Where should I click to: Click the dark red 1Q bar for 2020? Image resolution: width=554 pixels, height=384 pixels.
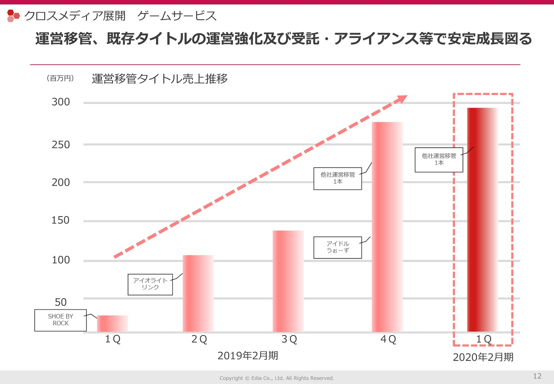482,220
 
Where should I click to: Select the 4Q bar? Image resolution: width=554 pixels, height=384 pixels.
387,227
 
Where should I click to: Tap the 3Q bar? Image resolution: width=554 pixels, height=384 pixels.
288,281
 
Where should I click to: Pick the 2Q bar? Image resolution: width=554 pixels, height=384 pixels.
198,293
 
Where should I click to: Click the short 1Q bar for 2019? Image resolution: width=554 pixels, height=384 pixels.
112,324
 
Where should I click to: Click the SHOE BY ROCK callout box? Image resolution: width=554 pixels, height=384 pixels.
60,320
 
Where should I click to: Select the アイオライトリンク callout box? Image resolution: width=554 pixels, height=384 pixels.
150,284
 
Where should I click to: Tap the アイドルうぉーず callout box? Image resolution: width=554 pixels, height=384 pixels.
337,247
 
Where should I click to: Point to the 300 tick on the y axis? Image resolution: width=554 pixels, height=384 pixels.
61,102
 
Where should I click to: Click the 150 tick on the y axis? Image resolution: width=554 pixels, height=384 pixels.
60,220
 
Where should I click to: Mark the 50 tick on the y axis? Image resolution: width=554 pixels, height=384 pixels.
60,302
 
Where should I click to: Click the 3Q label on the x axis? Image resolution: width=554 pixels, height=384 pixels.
289,339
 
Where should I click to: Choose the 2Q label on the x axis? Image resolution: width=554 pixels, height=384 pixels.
199,339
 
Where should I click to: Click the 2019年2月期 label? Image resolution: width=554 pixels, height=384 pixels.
247,355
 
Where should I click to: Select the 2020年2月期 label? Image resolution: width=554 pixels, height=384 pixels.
483,357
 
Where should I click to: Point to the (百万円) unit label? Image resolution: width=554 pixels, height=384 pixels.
60,78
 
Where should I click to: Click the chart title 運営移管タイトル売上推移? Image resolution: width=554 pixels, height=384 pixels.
160,79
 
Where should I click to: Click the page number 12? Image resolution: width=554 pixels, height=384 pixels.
537,376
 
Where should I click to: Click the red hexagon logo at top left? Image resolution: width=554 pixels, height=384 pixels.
13,16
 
